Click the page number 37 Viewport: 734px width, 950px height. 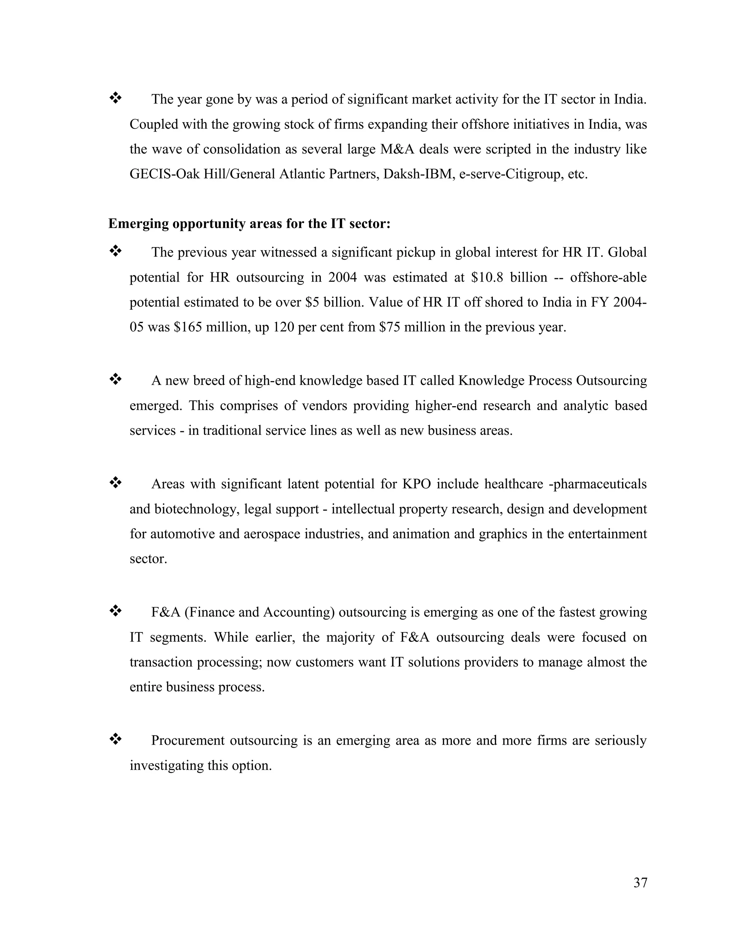point(640,883)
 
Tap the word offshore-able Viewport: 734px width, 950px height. point(608,277)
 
